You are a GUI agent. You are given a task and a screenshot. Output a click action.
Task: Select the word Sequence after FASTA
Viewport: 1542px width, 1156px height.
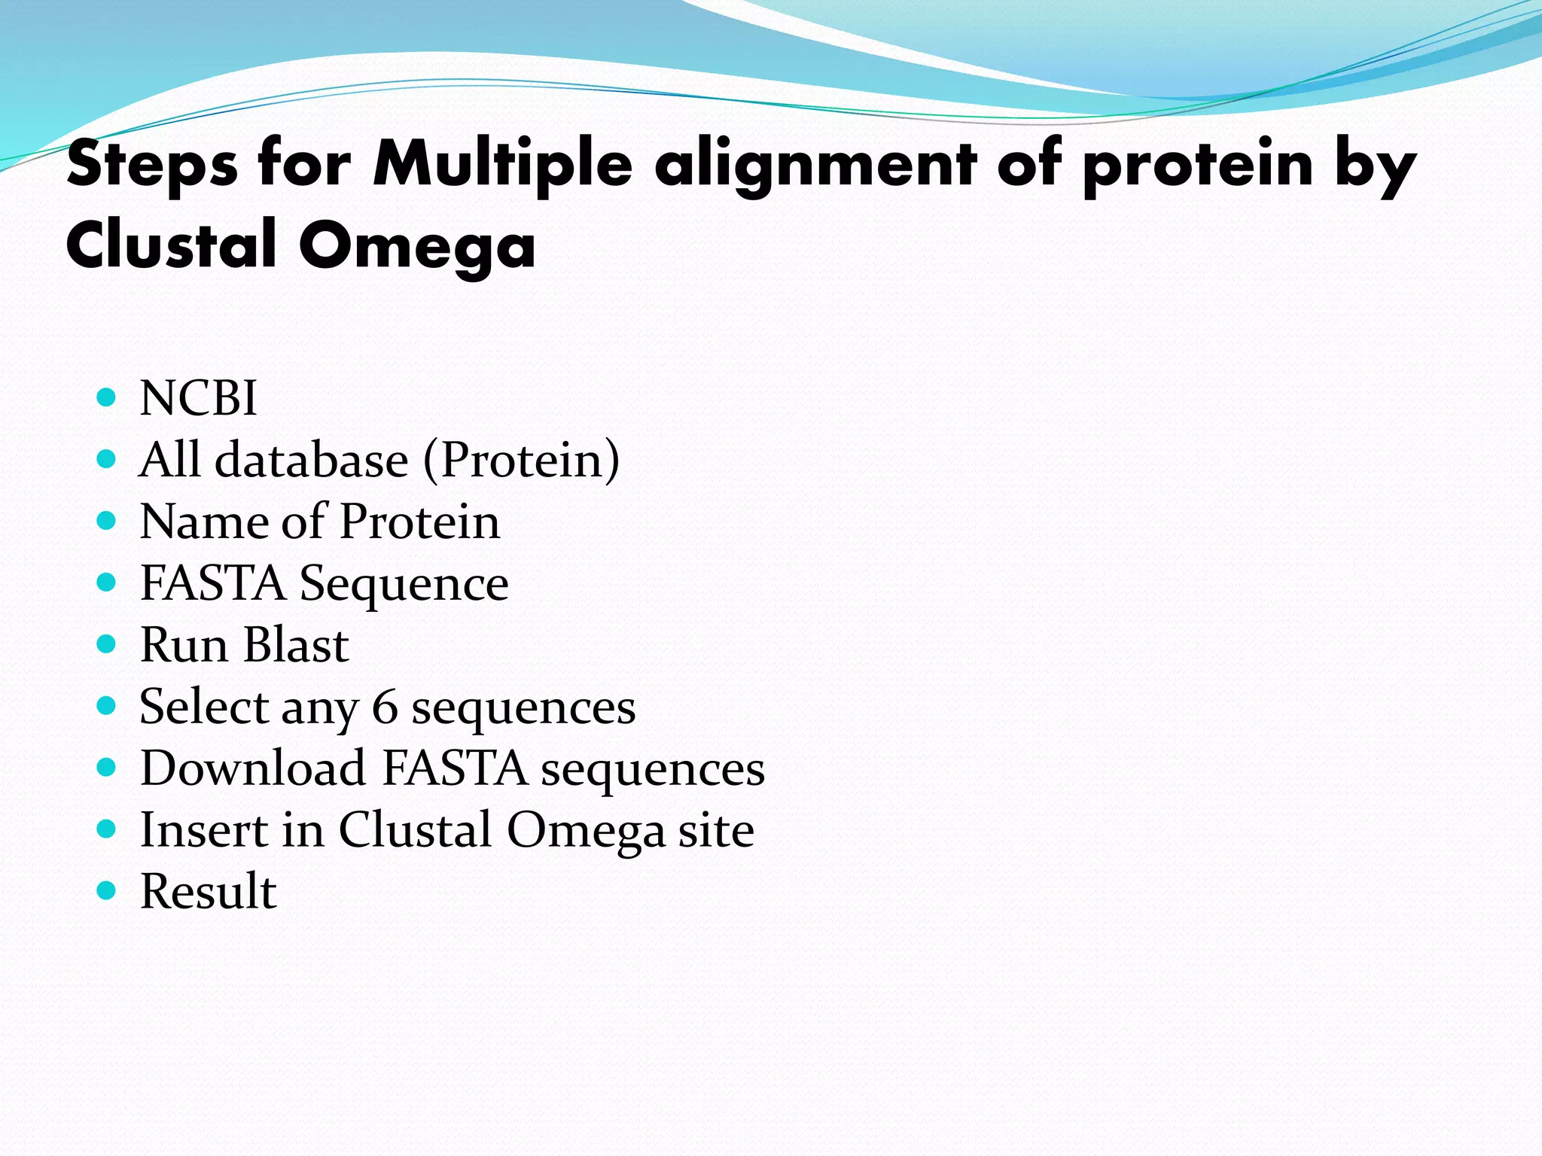point(404,583)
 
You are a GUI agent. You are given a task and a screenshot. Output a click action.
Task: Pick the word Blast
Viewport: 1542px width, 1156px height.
point(296,645)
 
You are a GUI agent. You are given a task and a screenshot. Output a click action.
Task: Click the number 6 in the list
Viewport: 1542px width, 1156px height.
point(385,707)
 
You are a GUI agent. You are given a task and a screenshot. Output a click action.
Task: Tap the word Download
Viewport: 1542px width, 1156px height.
point(253,768)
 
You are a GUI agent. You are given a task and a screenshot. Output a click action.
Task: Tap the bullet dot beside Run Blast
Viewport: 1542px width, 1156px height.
point(107,644)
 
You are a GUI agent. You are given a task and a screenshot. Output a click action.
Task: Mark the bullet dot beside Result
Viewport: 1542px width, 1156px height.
point(107,891)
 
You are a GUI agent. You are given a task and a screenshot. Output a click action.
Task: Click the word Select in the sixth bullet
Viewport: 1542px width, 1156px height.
point(204,707)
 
